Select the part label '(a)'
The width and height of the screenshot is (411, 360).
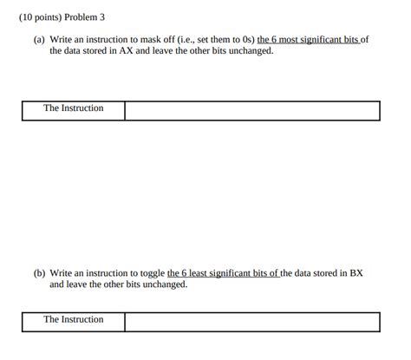click(40, 40)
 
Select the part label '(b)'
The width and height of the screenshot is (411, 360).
click(40, 272)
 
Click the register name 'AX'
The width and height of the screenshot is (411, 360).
click(133, 51)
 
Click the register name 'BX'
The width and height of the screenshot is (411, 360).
click(356, 272)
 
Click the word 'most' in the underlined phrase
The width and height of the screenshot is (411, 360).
click(287, 40)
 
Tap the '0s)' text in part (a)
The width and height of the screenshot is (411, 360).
click(244, 40)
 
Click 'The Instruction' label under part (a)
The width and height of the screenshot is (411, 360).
click(73, 108)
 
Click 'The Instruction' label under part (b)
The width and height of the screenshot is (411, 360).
click(73, 320)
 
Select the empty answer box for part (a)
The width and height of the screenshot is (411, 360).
click(251, 110)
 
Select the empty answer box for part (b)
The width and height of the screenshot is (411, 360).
click(251, 322)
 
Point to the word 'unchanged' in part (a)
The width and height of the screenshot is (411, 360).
click(248, 51)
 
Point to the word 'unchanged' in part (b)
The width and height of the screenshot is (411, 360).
click(161, 284)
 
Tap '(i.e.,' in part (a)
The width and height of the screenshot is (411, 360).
click(196, 40)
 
